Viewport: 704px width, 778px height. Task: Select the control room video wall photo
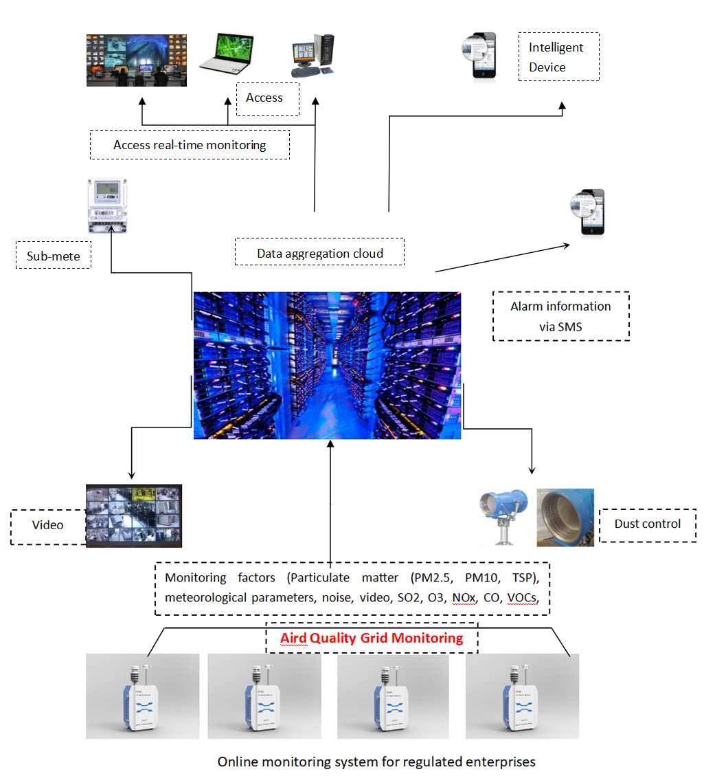(x=136, y=60)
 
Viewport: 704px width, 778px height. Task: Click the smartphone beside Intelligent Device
(x=479, y=57)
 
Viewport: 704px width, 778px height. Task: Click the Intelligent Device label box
(x=558, y=57)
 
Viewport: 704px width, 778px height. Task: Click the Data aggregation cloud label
(x=319, y=253)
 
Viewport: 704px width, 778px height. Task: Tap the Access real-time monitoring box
(x=190, y=145)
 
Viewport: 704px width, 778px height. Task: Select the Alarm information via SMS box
(x=560, y=316)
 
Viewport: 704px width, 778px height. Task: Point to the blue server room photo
(x=327, y=366)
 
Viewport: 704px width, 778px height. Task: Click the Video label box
(x=48, y=525)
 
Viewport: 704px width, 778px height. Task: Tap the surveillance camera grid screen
(x=134, y=516)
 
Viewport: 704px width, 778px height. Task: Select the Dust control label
(x=647, y=524)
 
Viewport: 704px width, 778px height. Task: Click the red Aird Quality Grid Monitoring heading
(x=372, y=638)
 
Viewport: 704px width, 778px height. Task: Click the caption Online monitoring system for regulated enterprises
(x=376, y=762)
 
